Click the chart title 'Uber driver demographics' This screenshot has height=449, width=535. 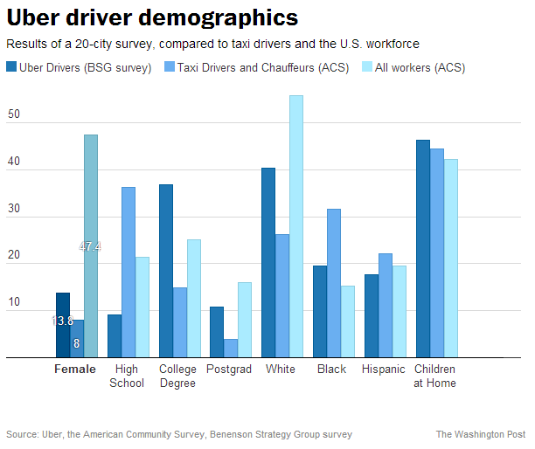tap(151, 17)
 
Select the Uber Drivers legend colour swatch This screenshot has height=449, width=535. tap(11, 66)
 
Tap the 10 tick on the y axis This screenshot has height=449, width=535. tap(14, 302)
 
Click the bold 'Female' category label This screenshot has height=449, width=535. tap(75, 369)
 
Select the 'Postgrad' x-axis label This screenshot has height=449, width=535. tap(229, 369)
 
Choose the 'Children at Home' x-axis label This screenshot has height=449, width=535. tap(434, 376)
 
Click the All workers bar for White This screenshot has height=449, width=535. tap(296, 226)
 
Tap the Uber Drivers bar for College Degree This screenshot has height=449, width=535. tap(166, 271)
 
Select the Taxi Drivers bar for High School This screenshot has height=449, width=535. tap(129, 272)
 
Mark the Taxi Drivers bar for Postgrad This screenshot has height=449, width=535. tap(231, 348)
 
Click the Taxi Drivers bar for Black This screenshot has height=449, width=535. tap(334, 283)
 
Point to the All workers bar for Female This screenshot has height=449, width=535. tap(91, 245)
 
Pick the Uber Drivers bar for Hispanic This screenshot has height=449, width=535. tap(372, 315)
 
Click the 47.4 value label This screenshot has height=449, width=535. tap(90, 246)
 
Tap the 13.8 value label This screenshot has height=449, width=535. tap(62, 321)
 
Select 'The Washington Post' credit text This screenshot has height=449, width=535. tap(481, 434)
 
